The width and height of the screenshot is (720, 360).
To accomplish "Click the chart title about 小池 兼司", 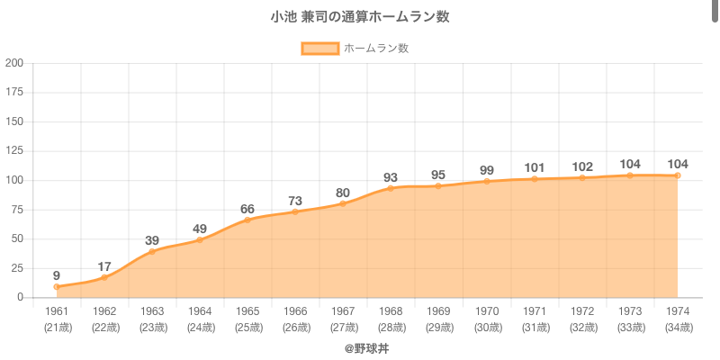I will (x=360, y=17).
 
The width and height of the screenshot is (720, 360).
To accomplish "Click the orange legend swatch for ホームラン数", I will (x=319, y=49).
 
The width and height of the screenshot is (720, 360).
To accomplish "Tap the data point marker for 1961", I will (x=57, y=287).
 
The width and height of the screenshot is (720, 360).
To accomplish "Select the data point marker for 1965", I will (x=247, y=220).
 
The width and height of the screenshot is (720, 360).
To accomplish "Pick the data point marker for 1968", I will (x=391, y=188).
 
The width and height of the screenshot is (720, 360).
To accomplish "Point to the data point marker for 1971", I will (x=534, y=179).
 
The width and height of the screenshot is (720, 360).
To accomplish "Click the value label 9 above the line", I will (x=57, y=275).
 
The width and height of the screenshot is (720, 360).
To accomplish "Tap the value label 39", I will (x=152, y=240).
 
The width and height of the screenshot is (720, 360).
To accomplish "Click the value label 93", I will (x=391, y=176).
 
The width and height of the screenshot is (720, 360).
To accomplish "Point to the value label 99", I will (x=486, y=169).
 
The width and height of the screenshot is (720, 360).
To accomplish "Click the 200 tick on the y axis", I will (x=14, y=63).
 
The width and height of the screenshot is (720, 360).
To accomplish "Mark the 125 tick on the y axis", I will (x=14, y=151).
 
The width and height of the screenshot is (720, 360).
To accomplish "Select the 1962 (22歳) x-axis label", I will (x=104, y=319).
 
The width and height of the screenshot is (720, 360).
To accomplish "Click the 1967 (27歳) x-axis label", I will (x=343, y=319).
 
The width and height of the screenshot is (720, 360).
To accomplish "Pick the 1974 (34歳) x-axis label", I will (x=677, y=319).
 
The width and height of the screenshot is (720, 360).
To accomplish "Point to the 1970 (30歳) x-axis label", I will (x=486, y=319).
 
